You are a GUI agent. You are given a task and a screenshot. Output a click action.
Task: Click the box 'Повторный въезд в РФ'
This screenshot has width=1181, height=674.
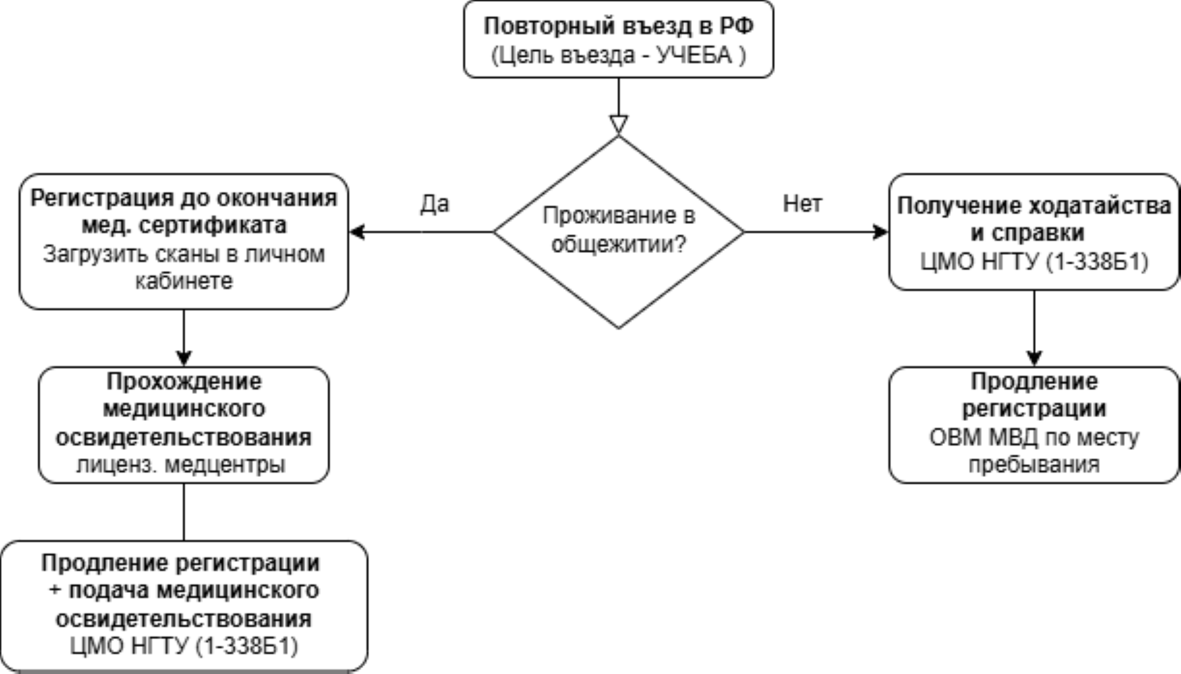[618, 40]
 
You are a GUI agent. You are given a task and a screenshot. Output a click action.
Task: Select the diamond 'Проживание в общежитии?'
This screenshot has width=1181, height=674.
[618, 232]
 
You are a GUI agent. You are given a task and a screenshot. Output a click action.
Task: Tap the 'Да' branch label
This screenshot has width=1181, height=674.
[435, 204]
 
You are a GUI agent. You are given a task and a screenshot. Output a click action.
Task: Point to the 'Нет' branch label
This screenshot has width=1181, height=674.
[802, 204]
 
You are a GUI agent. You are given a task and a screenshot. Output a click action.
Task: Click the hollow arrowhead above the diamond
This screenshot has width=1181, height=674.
[618, 125]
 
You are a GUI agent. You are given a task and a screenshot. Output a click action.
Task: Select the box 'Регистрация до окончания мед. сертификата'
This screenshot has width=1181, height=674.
[184, 241]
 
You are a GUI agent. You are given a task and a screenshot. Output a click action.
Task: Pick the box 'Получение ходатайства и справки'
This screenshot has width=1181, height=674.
[1034, 232]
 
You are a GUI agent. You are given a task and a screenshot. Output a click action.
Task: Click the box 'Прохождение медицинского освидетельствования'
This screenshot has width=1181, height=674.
[184, 425]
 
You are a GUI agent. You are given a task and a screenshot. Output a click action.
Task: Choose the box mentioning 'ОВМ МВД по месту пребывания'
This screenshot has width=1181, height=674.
[1034, 425]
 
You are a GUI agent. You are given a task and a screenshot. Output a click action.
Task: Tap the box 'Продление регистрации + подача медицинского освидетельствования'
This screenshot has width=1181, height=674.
[184, 606]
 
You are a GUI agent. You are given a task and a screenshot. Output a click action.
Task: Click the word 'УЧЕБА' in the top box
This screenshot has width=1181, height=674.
[694, 55]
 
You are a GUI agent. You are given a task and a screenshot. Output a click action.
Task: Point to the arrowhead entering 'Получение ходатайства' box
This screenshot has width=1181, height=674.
[880, 232]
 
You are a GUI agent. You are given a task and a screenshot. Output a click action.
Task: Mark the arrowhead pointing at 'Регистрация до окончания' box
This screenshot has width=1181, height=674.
[357, 232]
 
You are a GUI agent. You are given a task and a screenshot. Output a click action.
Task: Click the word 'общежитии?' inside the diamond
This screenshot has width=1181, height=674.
[619, 243]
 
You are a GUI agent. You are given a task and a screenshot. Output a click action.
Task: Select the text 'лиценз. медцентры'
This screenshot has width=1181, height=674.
[181, 465]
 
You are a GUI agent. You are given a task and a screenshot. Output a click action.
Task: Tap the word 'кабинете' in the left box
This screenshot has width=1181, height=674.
[184, 281]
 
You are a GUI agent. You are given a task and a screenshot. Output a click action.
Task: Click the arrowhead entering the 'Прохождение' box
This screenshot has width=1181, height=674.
[184, 358]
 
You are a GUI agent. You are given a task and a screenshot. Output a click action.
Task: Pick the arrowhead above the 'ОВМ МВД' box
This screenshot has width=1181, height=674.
[1034, 358]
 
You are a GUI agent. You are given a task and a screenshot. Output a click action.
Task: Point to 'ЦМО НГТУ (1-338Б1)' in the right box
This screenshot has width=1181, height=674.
[1034, 261]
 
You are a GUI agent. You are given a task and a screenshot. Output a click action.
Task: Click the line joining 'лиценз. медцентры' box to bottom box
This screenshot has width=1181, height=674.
[184, 512]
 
